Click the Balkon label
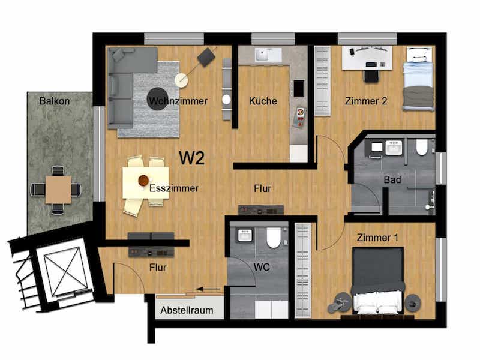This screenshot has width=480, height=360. pyautogui.click(x=55, y=101)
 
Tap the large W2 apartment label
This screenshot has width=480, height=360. pyautogui.click(x=191, y=158)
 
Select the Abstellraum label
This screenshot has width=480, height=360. pyautogui.click(x=187, y=310)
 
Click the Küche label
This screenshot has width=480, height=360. pyautogui.click(x=263, y=101)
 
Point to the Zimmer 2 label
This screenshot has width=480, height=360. pyautogui.click(x=366, y=101)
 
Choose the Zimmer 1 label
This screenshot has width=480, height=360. pyautogui.click(x=377, y=238)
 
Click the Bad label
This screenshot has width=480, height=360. pyautogui.click(x=392, y=179)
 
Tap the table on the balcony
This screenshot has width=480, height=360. pyautogui.click(x=58, y=190)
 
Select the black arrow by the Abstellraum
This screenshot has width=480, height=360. pyautogui.click(x=208, y=289)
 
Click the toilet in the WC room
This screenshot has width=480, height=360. pyautogui.click(x=274, y=238)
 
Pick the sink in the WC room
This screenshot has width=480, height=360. pyautogui.click(x=245, y=235)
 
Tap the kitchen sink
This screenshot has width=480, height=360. pyautogui.click(x=263, y=55)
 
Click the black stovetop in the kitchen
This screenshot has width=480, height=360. pyautogui.click(x=299, y=88)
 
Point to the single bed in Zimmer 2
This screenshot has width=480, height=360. pyautogui.click(x=418, y=79)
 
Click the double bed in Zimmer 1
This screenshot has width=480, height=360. pyautogui.click(x=378, y=280)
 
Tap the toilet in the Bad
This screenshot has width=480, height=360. pyautogui.click(x=422, y=147)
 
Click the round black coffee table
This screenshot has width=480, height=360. pyautogui.click(x=158, y=98)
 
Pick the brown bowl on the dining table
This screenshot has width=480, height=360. pyautogui.click(x=143, y=181)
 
